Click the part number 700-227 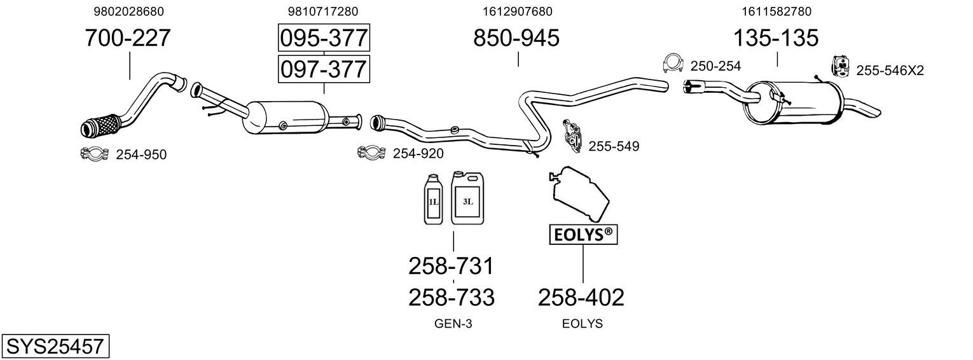pyautogui.click(x=128, y=38)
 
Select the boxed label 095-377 pyautogui.click(x=324, y=38)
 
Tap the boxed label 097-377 pyautogui.click(x=324, y=69)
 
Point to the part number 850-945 pyautogui.click(x=516, y=38)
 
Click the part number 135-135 pyautogui.click(x=776, y=38)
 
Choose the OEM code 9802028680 pyautogui.click(x=129, y=11)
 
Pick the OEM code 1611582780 pyautogui.click(x=776, y=11)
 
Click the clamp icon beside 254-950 pyautogui.click(x=94, y=154)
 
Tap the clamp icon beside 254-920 pyautogui.click(x=371, y=153)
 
